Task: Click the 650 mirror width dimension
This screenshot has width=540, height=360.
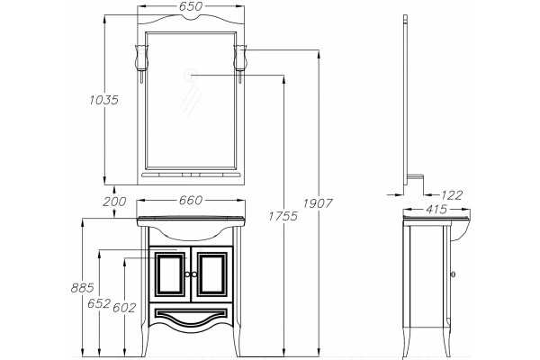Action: (x=191, y=6)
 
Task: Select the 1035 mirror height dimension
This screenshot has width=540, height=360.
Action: (x=103, y=100)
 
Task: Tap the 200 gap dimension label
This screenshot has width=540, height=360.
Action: (x=114, y=202)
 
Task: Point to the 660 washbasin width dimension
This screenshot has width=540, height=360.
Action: (x=191, y=200)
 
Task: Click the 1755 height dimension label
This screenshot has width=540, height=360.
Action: (x=283, y=216)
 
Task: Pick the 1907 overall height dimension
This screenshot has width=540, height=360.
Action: (x=318, y=203)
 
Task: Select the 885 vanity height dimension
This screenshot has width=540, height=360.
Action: (x=82, y=288)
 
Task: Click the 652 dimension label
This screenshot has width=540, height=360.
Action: (x=99, y=303)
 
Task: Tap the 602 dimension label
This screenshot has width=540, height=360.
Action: (x=124, y=308)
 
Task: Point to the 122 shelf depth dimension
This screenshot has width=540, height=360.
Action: (x=452, y=195)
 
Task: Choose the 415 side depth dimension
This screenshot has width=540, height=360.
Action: (x=436, y=209)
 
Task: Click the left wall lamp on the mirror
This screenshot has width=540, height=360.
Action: (x=141, y=63)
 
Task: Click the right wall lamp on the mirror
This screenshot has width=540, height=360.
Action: (x=240, y=63)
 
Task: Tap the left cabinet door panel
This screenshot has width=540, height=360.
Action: (x=169, y=274)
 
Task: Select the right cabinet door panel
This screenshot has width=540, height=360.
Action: (x=212, y=274)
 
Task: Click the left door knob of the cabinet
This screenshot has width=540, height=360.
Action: (x=187, y=274)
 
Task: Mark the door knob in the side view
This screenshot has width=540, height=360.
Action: (x=453, y=274)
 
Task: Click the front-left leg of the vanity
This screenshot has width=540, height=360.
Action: (x=144, y=292)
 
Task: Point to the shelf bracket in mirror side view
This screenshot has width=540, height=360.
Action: (x=416, y=183)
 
